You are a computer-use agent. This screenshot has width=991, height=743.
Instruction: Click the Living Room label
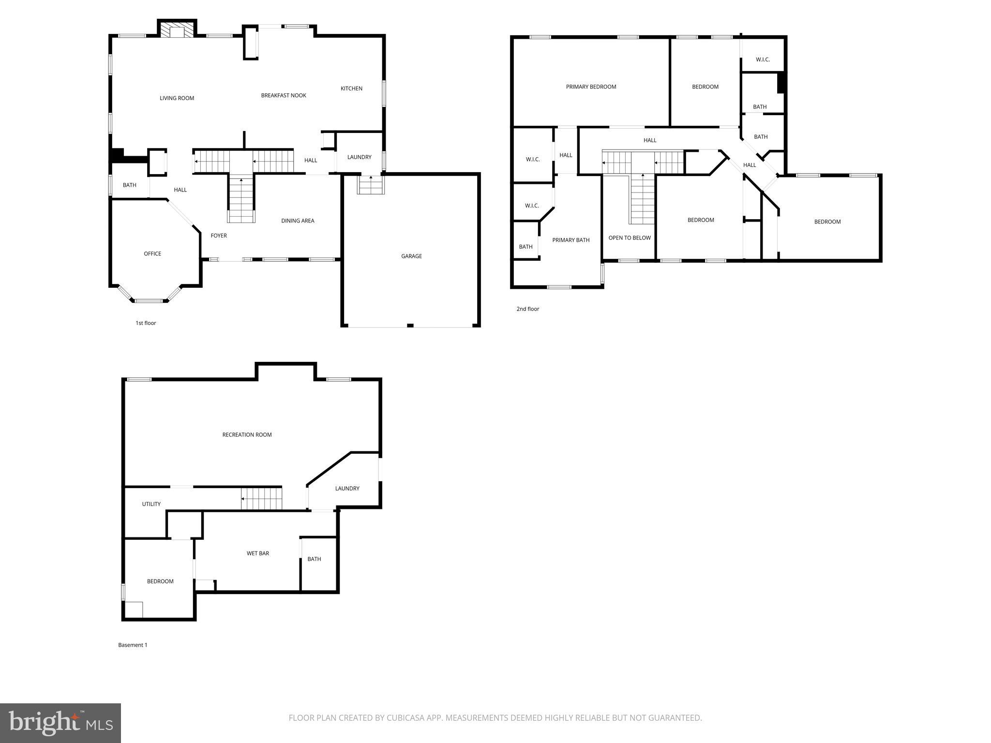(x=177, y=98)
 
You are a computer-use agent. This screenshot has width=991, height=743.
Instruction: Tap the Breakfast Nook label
(x=284, y=95)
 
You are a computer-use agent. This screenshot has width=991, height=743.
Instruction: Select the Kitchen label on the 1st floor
(x=351, y=89)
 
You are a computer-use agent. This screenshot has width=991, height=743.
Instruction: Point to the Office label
(x=152, y=253)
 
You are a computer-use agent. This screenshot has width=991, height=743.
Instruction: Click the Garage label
(x=411, y=256)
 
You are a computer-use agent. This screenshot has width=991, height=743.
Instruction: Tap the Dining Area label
(x=298, y=221)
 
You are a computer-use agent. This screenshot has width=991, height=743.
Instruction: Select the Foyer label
(x=219, y=236)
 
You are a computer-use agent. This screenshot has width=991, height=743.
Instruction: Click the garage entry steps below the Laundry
(x=371, y=185)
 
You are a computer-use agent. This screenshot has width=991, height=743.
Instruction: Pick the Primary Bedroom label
(x=591, y=87)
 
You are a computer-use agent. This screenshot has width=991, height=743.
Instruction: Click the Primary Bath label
(x=571, y=240)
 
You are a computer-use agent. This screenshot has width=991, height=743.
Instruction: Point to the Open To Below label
(x=629, y=238)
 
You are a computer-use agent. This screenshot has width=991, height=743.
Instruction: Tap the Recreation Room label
(x=247, y=434)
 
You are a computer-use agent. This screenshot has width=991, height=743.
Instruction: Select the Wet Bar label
(x=257, y=553)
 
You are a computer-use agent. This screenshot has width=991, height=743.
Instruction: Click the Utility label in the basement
(x=151, y=504)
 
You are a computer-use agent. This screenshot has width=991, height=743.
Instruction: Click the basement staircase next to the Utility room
(x=261, y=499)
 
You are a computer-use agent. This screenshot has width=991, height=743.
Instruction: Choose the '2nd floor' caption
(x=527, y=309)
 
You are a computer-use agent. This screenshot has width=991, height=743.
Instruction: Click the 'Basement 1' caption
(x=133, y=645)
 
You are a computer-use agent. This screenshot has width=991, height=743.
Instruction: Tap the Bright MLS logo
(x=60, y=723)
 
